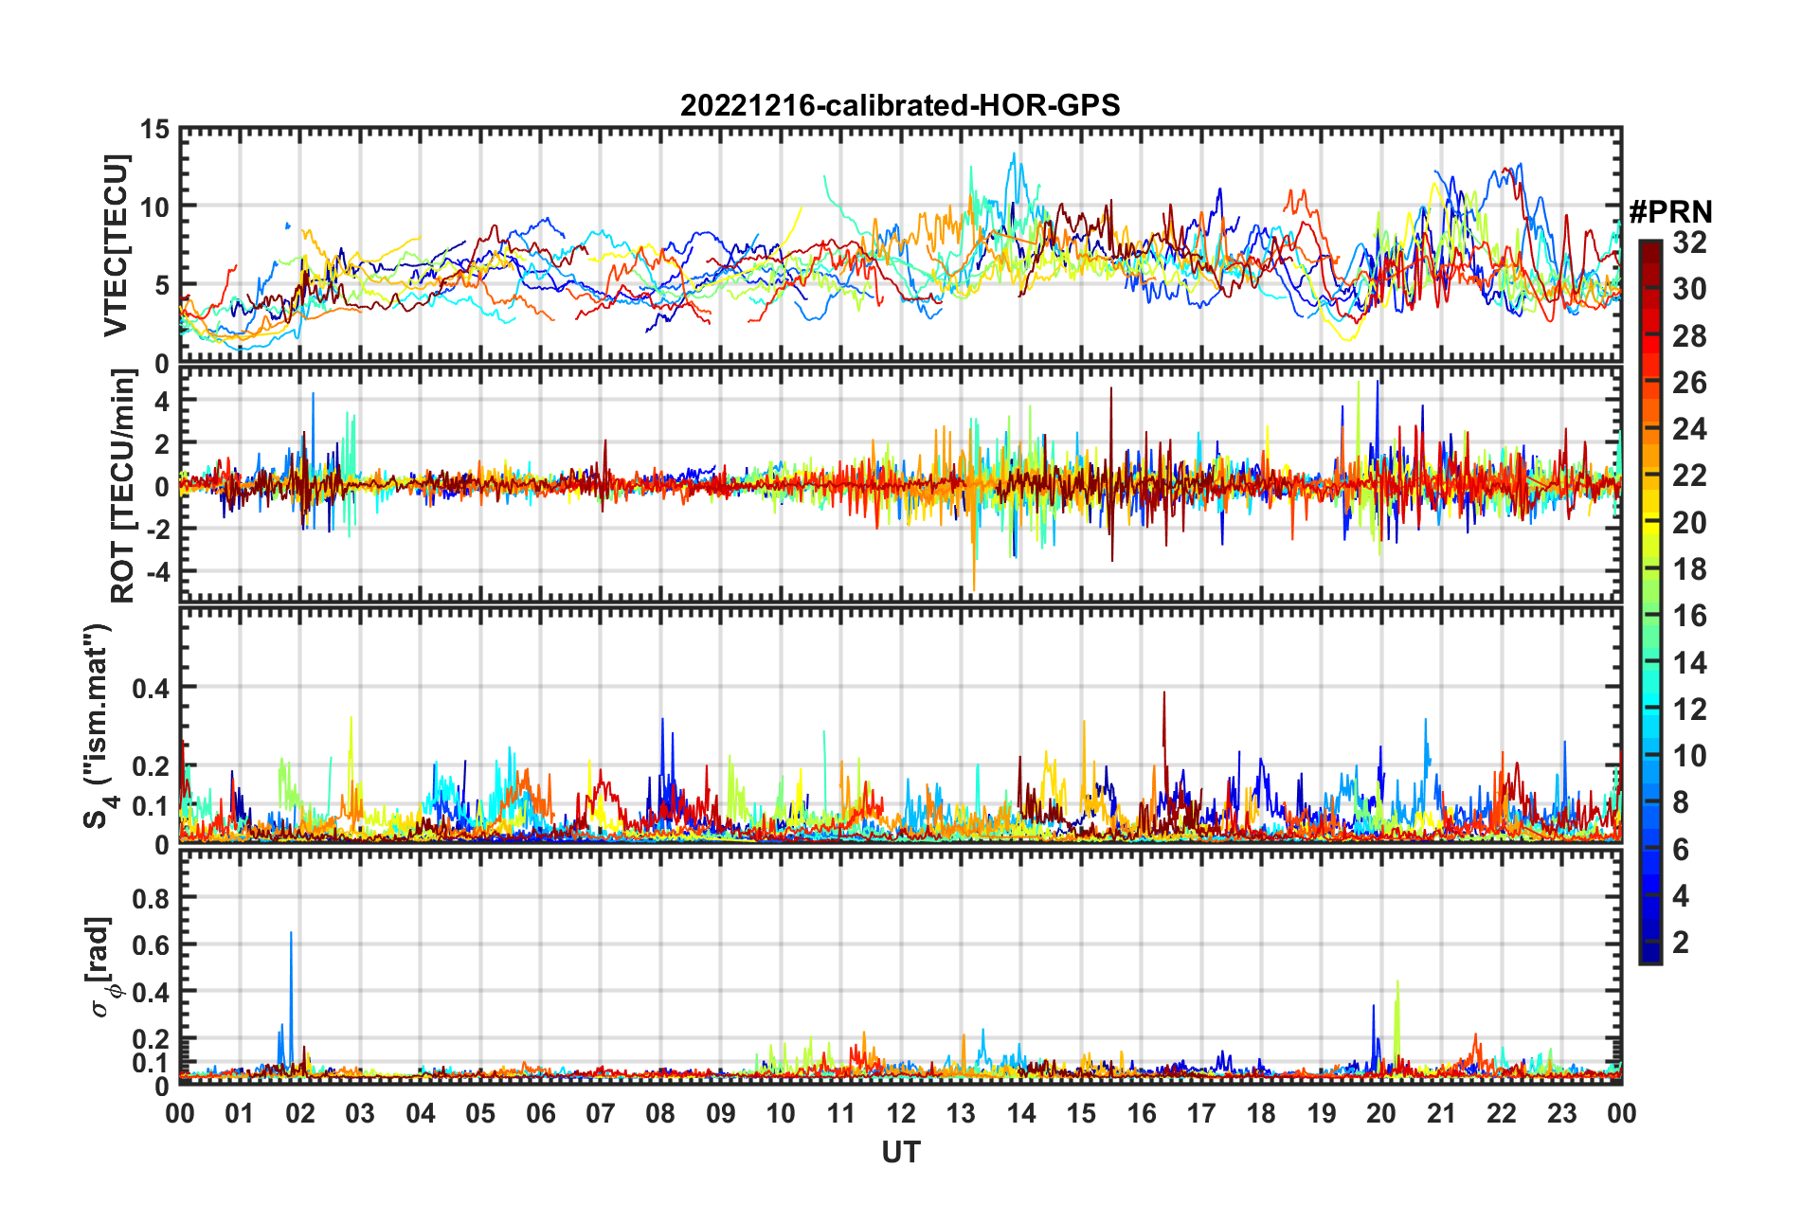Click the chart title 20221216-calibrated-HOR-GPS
[900, 105]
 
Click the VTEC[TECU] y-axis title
[116, 245]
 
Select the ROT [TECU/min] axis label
[122, 486]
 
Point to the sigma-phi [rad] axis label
[101, 966]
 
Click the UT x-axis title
[900, 1152]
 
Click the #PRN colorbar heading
[1670, 212]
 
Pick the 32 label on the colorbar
[1689, 243]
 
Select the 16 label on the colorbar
[1689, 616]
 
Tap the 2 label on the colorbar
[1681, 942]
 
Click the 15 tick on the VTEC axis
[154, 129]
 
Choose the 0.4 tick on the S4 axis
[151, 688]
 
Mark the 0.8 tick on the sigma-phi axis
[151, 897]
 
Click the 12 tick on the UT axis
[901, 1113]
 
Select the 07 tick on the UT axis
[601, 1113]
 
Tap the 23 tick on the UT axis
[1561, 1113]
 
